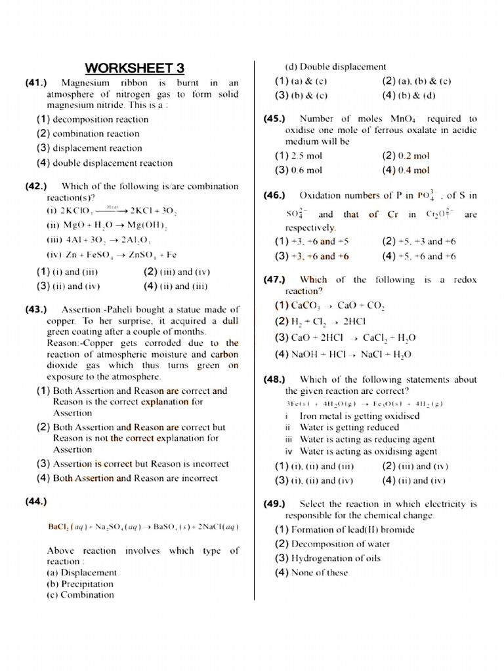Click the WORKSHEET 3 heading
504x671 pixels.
tap(135, 68)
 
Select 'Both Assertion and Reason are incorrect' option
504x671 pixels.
tap(135, 478)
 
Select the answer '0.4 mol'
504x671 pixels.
tap(413, 170)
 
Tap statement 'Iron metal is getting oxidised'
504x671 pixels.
tap(359, 416)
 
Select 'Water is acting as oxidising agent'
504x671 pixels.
tap(367, 451)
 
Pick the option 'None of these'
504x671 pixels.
tap(319, 573)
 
